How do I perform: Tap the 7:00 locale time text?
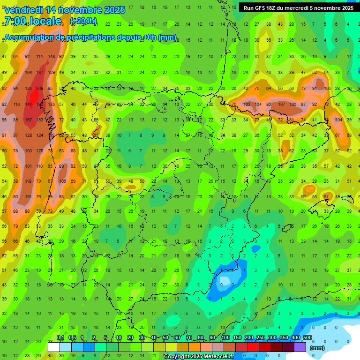[x=32, y=21]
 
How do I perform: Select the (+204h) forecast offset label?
[x=83, y=21]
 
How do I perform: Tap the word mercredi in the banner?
[x=306, y=8]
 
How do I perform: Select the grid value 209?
[x=39, y=88]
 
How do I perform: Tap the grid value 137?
[x=39, y=73]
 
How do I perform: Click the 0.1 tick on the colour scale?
[x=60, y=338]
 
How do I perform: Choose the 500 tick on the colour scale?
[x=307, y=338]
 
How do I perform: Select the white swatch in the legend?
[x=54, y=347]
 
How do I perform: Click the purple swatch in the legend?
[x=300, y=347]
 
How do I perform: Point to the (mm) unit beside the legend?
[x=317, y=348]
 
